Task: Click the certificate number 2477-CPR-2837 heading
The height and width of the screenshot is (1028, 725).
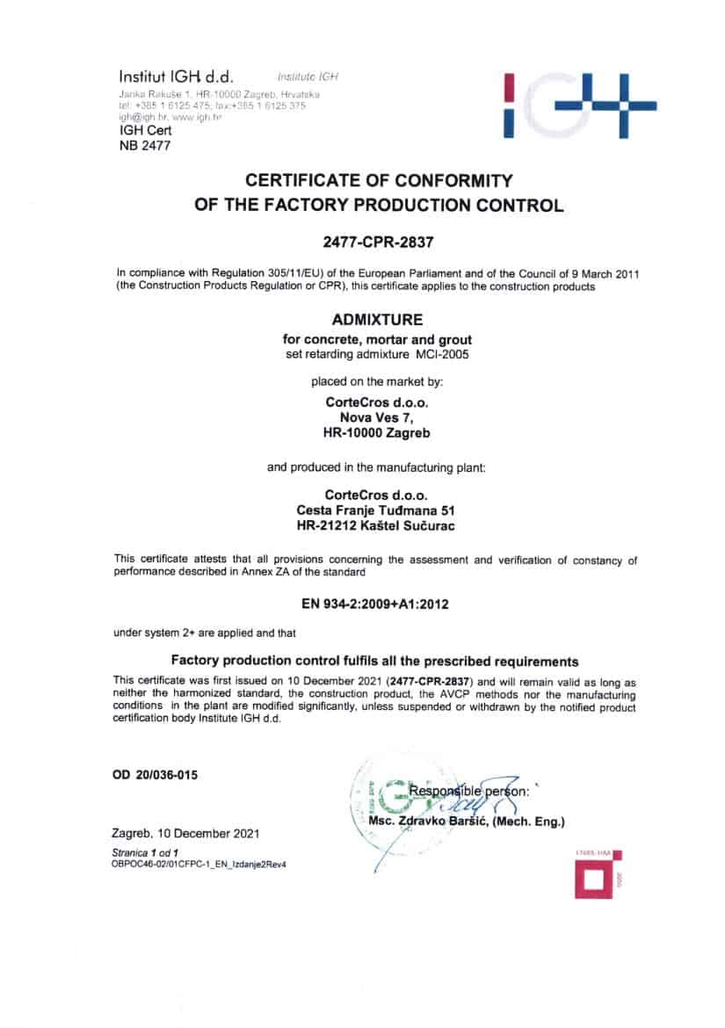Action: (378, 239)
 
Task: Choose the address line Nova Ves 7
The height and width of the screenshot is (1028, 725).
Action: (375, 418)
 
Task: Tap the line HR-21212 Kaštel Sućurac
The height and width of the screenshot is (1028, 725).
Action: (377, 525)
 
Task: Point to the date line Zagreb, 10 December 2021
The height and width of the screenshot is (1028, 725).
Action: (185, 833)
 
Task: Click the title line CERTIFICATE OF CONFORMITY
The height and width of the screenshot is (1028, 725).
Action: (378, 181)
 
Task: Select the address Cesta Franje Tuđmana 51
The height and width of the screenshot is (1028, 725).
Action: (377, 510)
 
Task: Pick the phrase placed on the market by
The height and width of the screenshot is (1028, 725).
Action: (377, 381)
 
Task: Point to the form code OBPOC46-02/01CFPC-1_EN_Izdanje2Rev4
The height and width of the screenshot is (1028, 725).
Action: (199, 864)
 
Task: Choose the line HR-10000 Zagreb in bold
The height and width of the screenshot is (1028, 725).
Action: (377, 432)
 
